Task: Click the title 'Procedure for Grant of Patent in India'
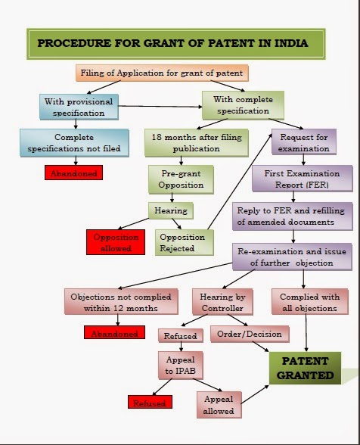172,43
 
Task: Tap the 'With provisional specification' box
79,107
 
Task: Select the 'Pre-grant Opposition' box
182,180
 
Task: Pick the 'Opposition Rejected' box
182,242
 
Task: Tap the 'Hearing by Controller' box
219,301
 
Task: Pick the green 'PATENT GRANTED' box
303,368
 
